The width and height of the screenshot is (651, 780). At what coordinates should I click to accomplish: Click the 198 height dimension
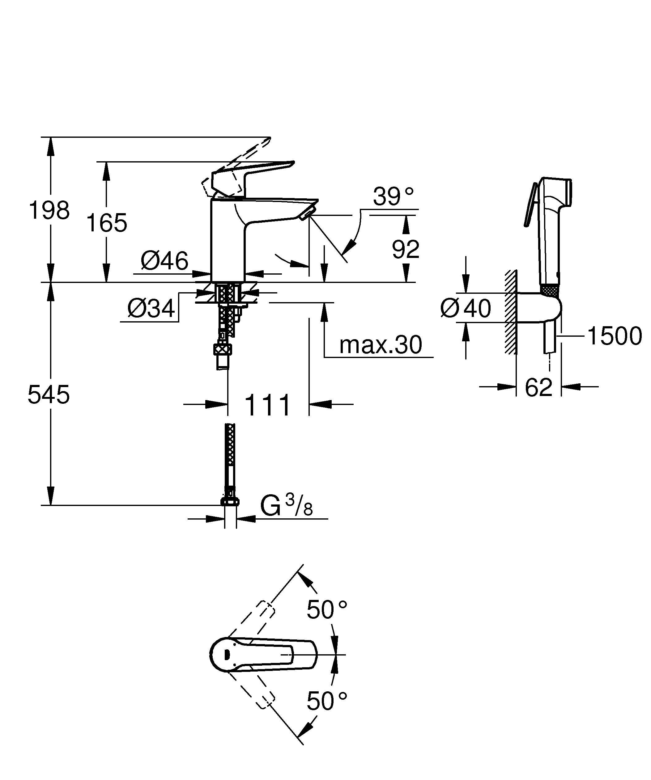point(49,210)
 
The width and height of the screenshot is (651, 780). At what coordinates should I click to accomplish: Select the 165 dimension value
point(107,223)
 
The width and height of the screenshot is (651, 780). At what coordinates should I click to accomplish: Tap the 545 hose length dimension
point(49,394)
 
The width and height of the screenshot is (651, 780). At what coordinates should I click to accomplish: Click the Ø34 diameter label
point(151,308)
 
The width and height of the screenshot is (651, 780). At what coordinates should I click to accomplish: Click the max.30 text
point(381,345)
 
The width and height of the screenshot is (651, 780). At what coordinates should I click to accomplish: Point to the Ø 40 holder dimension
point(465,308)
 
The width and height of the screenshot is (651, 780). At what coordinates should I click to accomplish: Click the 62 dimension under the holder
point(538,387)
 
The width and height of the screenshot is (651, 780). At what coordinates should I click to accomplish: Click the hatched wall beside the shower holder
point(511,312)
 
